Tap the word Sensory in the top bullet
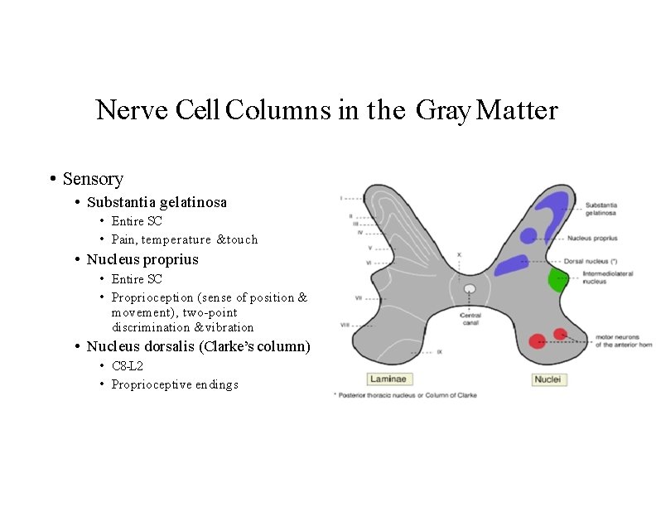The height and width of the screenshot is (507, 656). pyautogui.click(x=93, y=179)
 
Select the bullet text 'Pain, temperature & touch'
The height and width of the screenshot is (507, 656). pyautogui.click(x=185, y=239)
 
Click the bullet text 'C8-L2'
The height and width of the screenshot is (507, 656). pyautogui.click(x=128, y=365)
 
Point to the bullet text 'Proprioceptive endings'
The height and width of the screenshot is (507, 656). pyautogui.click(x=175, y=384)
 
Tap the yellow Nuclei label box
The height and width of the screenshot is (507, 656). pyautogui.click(x=547, y=379)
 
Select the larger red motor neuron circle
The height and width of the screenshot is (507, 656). pyautogui.click(x=538, y=340)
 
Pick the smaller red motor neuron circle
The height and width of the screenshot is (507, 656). pyautogui.click(x=560, y=334)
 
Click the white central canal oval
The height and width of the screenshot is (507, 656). pyautogui.click(x=470, y=289)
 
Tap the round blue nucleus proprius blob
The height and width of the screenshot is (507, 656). pyautogui.click(x=528, y=236)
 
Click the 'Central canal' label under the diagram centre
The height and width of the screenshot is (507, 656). pyautogui.click(x=470, y=319)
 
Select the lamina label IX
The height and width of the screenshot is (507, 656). pyautogui.click(x=440, y=352)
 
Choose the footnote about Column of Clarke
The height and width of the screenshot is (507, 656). pyautogui.click(x=404, y=395)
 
